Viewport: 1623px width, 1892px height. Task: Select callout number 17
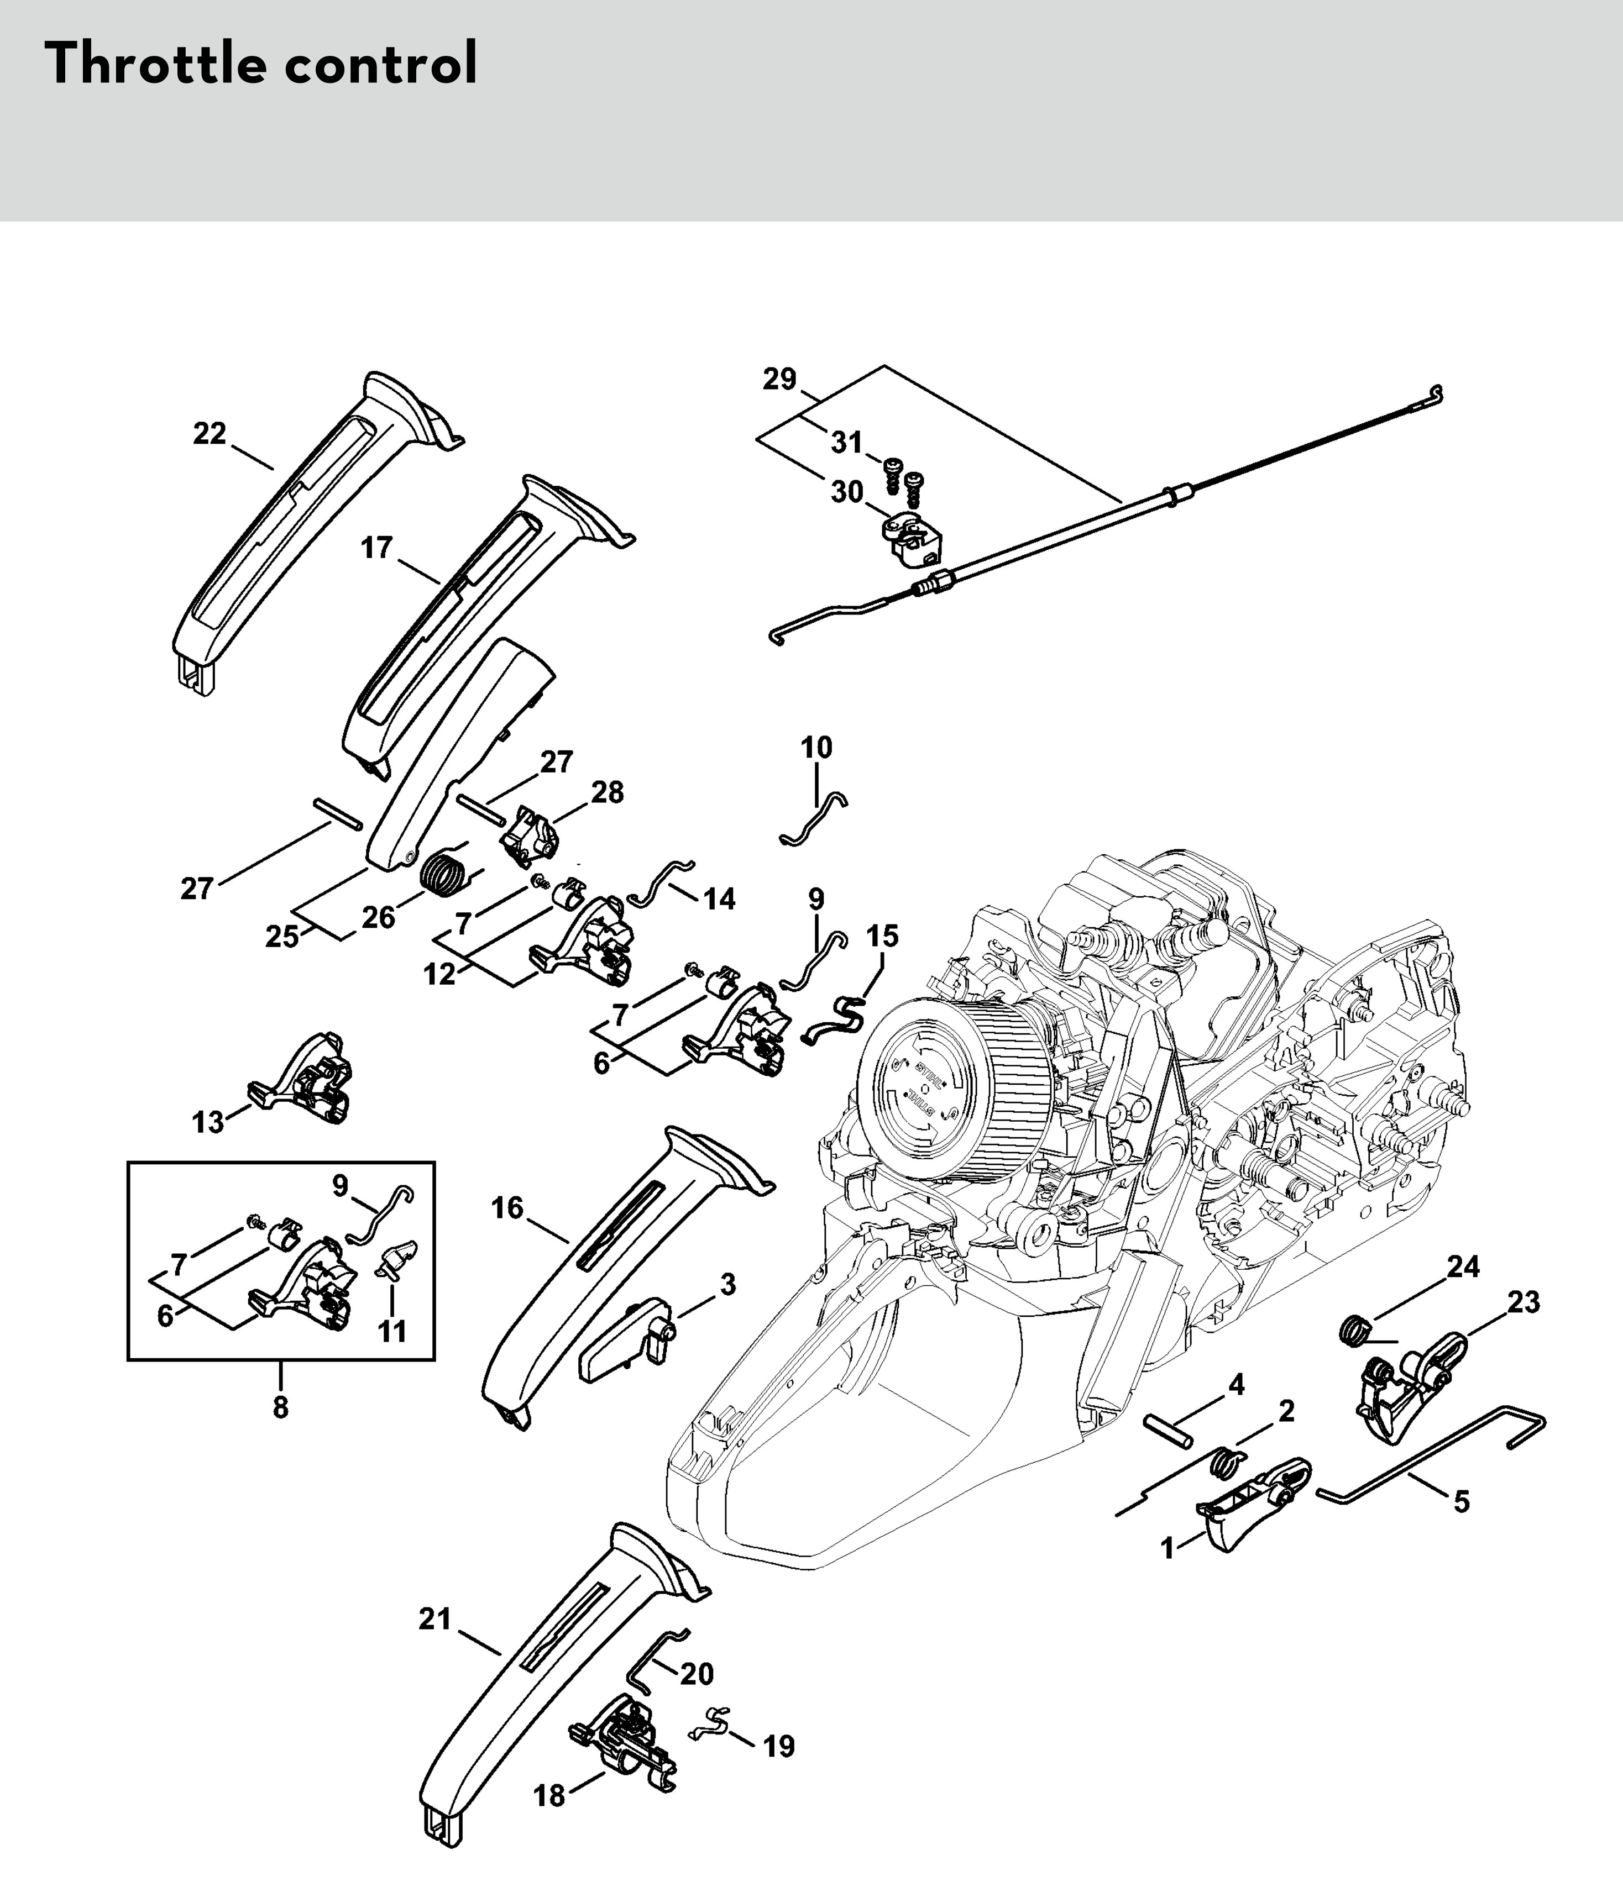376,548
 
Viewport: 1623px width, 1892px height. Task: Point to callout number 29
780,378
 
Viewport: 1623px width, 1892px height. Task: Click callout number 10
816,747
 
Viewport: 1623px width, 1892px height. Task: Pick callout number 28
608,792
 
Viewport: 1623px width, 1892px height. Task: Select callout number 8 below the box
280,1407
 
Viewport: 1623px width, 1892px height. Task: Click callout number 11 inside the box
392,1331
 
